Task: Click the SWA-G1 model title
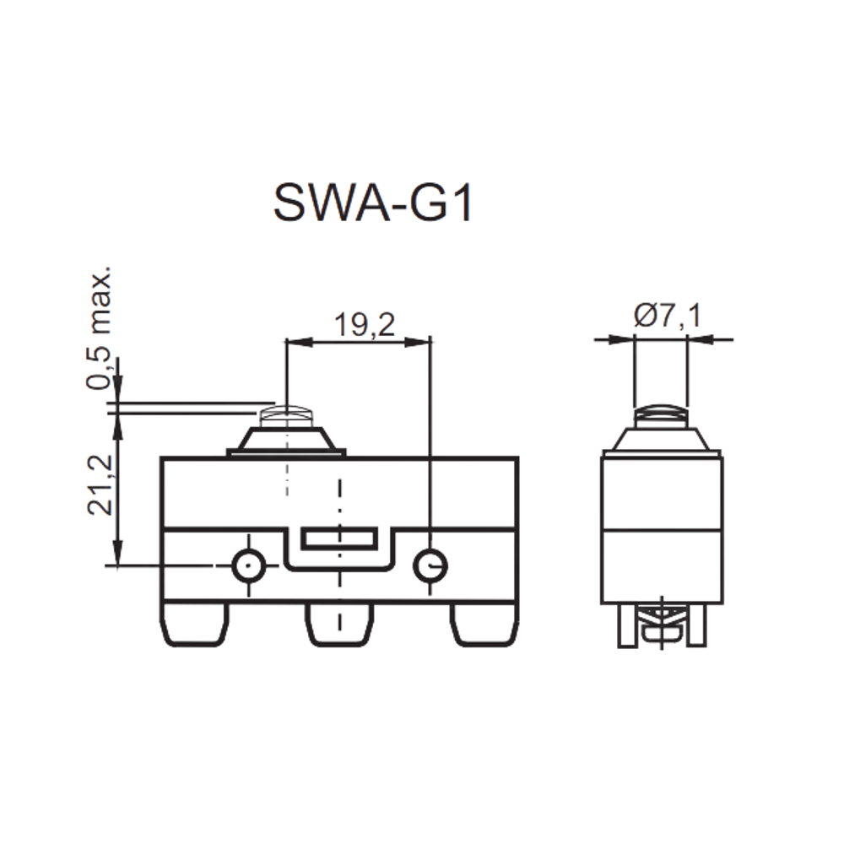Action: pos(373,204)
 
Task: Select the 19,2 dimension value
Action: pos(365,325)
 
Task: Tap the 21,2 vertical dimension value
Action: pos(100,484)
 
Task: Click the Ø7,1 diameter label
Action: pos(668,316)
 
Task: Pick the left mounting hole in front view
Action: pos(248,565)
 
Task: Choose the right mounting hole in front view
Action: pos(430,565)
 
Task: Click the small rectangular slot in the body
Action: pos(339,538)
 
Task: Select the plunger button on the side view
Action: pos(661,416)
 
